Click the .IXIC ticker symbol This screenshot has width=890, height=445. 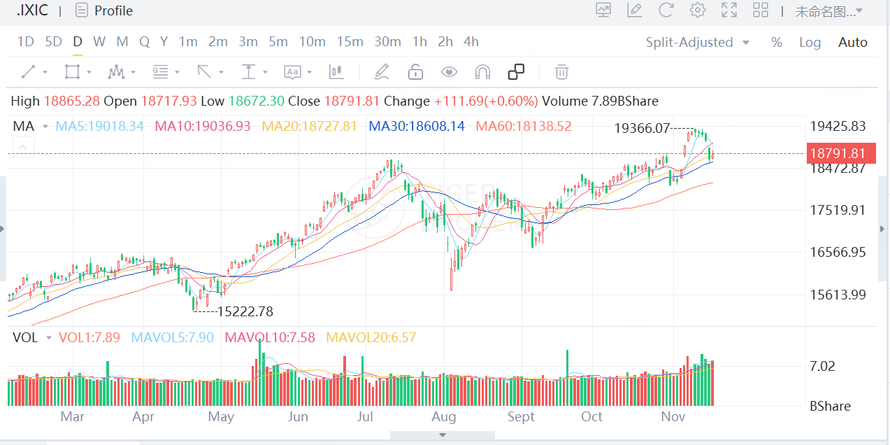click(x=32, y=10)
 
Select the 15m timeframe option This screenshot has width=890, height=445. click(x=350, y=42)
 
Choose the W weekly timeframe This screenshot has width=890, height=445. click(x=99, y=42)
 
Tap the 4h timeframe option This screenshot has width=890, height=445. click(x=471, y=42)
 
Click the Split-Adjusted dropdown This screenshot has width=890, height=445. click(x=697, y=43)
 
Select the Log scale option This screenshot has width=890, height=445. click(x=810, y=43)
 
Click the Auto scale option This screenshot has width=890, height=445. click(x=852, y=43)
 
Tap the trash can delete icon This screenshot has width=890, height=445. click(x=561, y=72)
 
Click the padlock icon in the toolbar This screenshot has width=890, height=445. click(x=415, y=72)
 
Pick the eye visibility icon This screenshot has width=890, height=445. click(x=449, y=72)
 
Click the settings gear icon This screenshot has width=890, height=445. click(x=697, y=10)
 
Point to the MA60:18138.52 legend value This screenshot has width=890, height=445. click(x=523, y=127)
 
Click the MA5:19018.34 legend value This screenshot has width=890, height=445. click(x=99, y=127)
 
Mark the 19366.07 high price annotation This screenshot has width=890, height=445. click(x=642, y=129)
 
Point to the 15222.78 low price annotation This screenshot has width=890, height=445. click(x=245, y=311)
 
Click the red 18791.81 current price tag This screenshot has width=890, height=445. click(x=838, y=153)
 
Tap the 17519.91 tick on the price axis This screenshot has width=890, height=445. click(x=838, y=210)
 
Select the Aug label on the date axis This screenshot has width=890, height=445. click(x=443, y=417)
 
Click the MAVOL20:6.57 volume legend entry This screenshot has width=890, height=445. click(x=371, y=338)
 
